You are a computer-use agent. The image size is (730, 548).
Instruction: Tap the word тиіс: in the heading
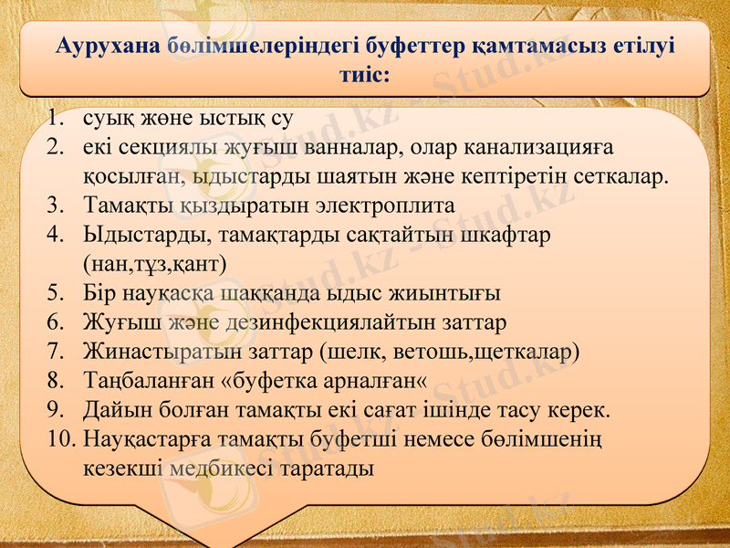tap(364, 75)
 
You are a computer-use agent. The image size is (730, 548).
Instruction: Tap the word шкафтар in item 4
tap(505, 235)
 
